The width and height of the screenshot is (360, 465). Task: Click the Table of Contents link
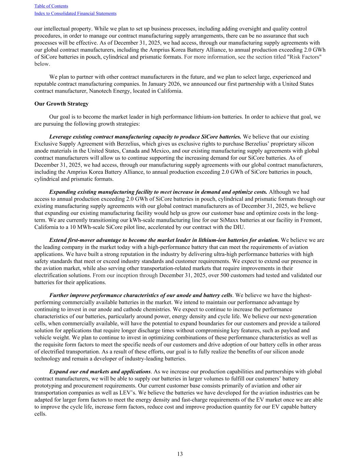pyautogui.click(x=51, y=6)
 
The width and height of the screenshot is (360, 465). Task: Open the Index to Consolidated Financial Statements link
pyautogui.click(x=75, y=14)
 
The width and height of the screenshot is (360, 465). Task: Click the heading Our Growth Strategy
pyautogui.click(x=61, y=104)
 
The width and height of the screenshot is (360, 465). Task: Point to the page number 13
pyautogui.click(x=180, y=454)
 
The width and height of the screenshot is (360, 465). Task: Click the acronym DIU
pyautogui.click(x=239, y=227)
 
